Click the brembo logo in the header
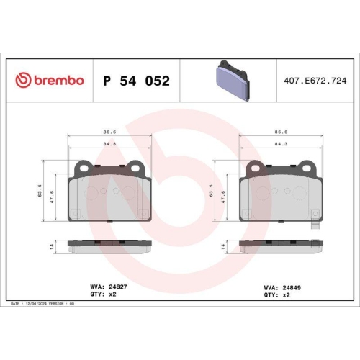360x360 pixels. pyautogui.click(x=50, y=80)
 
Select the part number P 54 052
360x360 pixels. pyautogui.click(x=137, y=81)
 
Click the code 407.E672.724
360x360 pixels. pyautogui.click(x=315, y=81)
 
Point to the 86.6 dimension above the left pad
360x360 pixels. pyautogui.click(x=109, y=132)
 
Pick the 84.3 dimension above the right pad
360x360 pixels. pyautogui.click(x=281, y=143)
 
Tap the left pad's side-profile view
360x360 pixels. pyautogui.click(x=109, y=246)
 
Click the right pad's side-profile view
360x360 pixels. pyautogui.click(x=281, y=246)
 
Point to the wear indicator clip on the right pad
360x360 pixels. pyautogui.click(x=315, y=224)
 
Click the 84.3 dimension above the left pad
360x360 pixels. pyautogui.click(x=109, y=143)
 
